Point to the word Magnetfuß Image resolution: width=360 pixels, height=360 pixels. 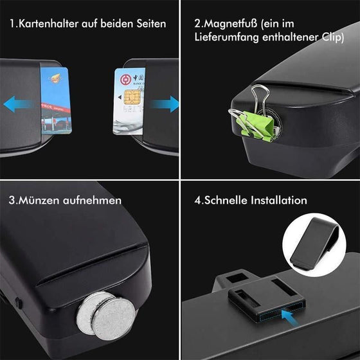[x=231, y=24]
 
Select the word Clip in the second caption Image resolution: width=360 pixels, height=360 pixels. [x=331, y=38]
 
